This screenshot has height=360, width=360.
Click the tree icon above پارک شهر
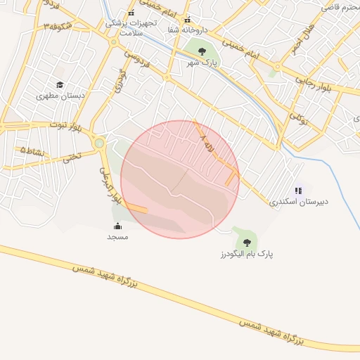202,51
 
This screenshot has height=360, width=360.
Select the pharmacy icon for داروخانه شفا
187,20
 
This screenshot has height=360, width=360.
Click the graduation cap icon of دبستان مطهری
60,84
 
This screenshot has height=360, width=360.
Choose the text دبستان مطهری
57,95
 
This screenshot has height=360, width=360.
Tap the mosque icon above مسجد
117,226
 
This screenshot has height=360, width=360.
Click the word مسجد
117,237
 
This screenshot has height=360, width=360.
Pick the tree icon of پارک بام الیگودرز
246,243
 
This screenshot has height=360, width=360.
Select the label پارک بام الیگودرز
246,253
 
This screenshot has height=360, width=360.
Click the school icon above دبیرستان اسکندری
299,190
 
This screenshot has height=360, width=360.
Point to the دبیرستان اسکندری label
299,201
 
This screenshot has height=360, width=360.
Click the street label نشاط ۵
32,151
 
